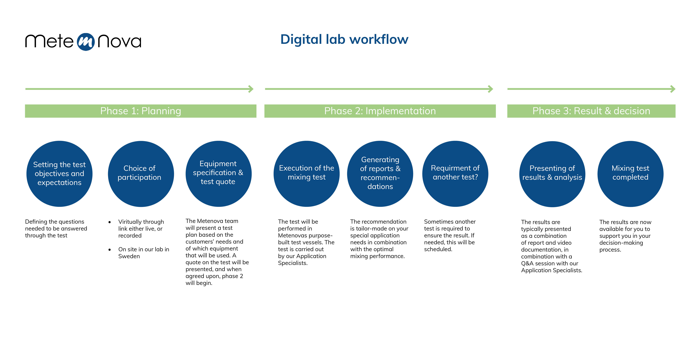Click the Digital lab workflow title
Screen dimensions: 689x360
pos(344,40)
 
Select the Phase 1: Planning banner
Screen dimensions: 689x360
pos(141,111)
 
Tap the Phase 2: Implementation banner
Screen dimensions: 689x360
pos(380,111)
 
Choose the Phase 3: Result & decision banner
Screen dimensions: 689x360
pos(591,111)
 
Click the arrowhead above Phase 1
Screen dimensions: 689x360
pos(251,89)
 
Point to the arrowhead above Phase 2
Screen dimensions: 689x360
pos(491,89)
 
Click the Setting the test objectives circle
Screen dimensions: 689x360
pos(59,174)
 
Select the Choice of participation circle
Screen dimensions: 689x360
pos(141,174)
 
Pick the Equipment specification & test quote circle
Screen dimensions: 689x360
pos(219,174)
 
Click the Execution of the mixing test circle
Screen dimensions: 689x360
pos(306,174)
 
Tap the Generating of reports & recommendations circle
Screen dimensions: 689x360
pos(380,174)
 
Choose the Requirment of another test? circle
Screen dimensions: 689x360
pos(455,174)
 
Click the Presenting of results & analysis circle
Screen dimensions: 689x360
pos(552,174)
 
